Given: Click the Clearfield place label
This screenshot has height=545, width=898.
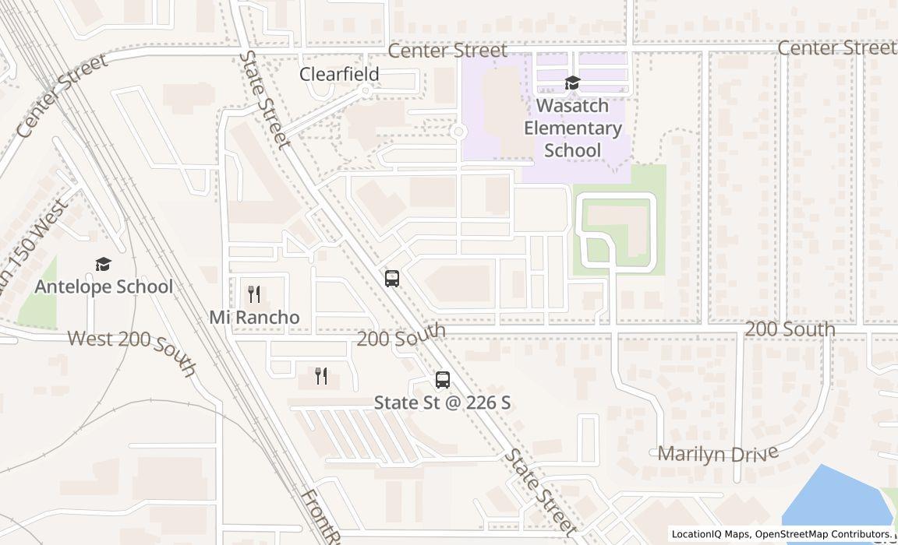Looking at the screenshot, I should pyautogui.click(x=340, y=74).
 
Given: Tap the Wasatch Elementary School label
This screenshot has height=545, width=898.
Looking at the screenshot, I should pyautogui.click(x=573, y=128).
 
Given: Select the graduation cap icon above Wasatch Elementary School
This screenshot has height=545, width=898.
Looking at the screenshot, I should pyautogui.click(x=573, y=83).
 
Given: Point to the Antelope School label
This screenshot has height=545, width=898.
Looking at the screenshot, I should pyautogui.click(x=104, y=287).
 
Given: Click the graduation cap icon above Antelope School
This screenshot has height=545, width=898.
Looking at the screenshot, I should pyautogui.click(x=103, y=264).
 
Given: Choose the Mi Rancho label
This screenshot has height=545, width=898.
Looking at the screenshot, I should pyautogui.click(x=254, y=318).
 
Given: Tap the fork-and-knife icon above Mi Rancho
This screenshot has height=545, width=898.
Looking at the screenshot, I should pyautogui.click(x=253, y=294).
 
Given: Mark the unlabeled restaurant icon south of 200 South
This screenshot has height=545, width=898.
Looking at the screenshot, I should pyautogui.click(x=321, y=376).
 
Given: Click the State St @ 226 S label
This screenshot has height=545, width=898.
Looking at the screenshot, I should pyautogui.click(x=443, y=403).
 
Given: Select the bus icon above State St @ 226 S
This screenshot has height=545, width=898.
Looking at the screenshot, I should pyautogui.click(x=443, y=380).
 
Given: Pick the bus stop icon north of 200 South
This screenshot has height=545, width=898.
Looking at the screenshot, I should pyautogui.click(x=392, y=278).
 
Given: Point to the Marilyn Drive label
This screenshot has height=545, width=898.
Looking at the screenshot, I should pyautogui.click(x=718, y=453).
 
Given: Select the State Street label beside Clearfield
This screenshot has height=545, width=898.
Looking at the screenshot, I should pyautogui.click(x=265, y=100).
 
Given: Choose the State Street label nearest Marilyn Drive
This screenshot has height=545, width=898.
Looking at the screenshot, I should pyautogui.click(x=541, y=494).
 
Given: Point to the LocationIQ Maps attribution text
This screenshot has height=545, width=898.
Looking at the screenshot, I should pyautogui.click(x=711, y=534).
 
